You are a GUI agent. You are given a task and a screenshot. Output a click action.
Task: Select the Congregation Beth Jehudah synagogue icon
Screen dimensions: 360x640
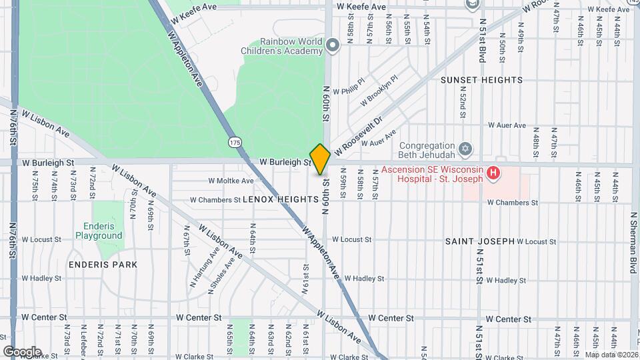[x=466, y=147]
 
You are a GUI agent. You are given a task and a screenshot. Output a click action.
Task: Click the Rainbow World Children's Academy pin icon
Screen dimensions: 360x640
[x=333, y=45]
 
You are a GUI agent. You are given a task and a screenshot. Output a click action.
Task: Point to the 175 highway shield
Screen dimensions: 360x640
[x=234, y=142]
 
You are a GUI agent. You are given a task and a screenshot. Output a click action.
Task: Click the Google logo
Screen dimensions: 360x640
[x=22, y=351]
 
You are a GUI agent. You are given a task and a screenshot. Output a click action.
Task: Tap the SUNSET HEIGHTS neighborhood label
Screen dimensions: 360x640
[x=481, y=80]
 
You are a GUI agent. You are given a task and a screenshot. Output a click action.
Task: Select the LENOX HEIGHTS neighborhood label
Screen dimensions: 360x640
[x=281, y=199]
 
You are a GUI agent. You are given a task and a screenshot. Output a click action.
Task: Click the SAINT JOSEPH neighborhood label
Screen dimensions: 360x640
[x=480, y=241]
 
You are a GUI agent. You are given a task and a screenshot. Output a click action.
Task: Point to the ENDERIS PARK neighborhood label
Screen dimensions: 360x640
[x=103, y=265]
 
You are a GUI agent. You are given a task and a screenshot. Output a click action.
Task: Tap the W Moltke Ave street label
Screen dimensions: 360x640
[x=231, y=181]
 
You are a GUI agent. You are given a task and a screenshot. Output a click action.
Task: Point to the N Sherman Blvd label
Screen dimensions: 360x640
[x=633, y=237]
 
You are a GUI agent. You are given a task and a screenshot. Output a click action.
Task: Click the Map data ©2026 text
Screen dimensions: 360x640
[x=611, y=355]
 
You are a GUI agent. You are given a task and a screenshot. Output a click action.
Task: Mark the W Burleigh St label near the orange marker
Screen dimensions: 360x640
[x=285, y=162]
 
